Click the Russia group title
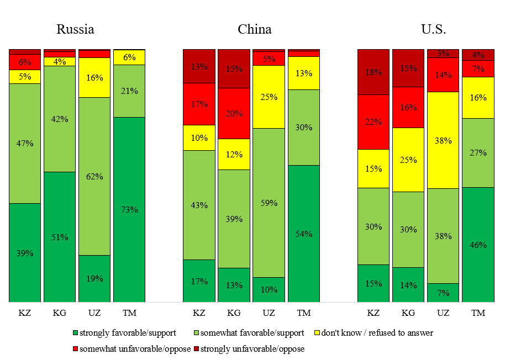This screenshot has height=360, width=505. point(75,29)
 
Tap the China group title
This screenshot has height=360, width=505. point(254,29)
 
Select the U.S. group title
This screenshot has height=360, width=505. point(433,29)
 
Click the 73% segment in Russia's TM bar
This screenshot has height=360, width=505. point(129,209)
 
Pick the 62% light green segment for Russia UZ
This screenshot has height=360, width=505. point(94,176)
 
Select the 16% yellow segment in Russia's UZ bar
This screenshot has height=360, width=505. point(94,77)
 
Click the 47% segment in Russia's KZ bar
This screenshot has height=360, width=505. point(25,143)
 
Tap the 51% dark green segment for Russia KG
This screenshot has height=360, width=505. point(60,237)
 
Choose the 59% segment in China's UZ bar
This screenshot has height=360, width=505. point(269,203)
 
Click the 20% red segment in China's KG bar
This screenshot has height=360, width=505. point(234,113)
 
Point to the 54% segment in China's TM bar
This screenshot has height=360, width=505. point(303,234)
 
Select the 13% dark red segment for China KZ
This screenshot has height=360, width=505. point(199,66)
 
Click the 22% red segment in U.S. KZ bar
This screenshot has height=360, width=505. point(374,121)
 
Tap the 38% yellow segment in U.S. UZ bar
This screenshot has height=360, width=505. point(443,140)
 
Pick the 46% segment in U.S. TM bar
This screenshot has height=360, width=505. point(478,245)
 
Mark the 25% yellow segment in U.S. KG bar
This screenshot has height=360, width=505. point(408,160)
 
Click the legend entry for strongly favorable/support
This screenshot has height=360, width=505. point(124,333)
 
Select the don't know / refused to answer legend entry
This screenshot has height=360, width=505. point(371,333)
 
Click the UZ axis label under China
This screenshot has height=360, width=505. point(269,313)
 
